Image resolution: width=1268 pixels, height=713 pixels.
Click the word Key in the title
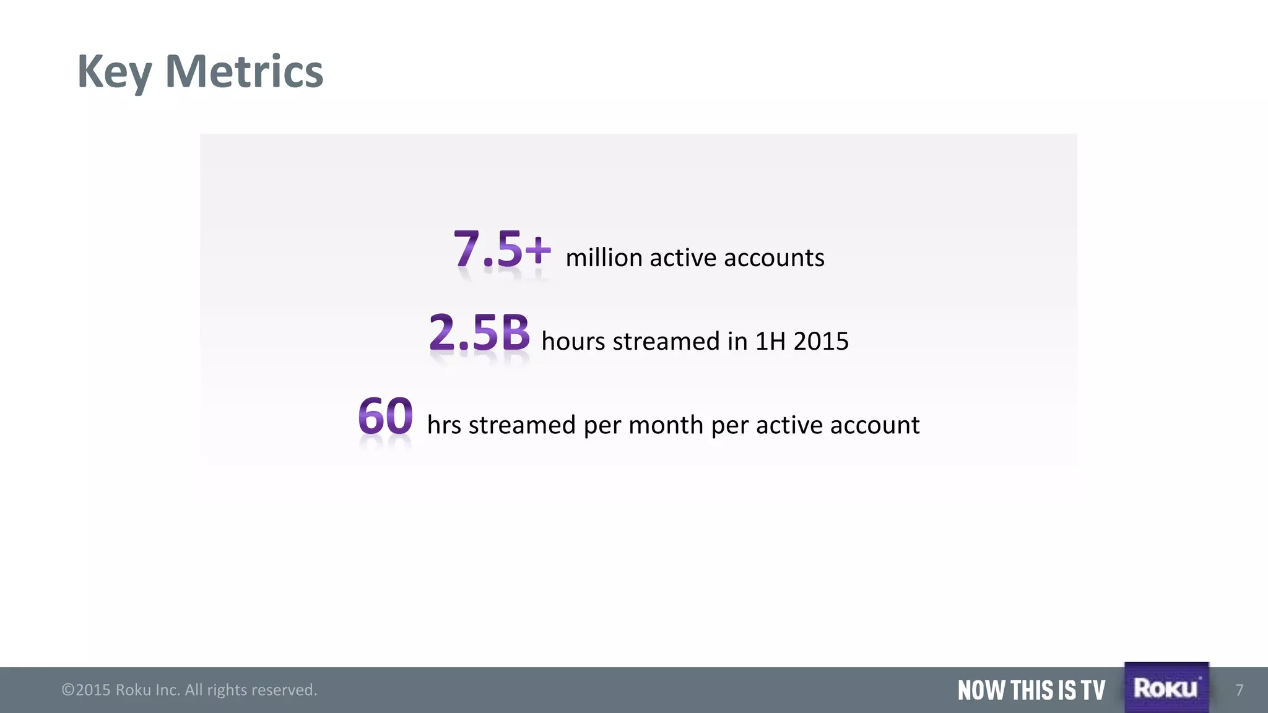[114, 72]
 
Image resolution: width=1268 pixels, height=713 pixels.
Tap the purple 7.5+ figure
[502, 249]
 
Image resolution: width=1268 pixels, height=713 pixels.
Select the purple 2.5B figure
[479, 332]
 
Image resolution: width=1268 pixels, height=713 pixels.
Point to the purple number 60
[385, 416]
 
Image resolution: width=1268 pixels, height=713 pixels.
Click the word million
[604, 257]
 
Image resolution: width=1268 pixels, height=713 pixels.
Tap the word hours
[573, 341]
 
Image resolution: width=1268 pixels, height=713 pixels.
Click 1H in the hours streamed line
[770, 341]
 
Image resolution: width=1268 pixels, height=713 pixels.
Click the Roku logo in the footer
[1166, 688]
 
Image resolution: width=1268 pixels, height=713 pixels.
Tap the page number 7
[1239, 690]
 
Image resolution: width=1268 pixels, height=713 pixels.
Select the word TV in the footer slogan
[1093, 690]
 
